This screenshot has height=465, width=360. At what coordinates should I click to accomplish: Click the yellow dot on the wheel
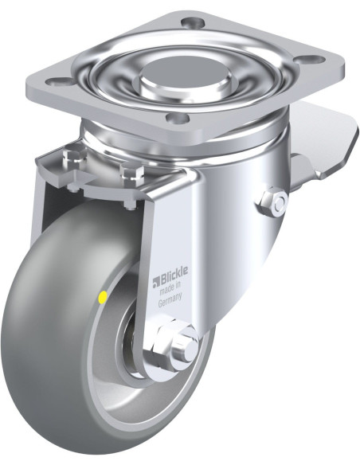pos(104,297)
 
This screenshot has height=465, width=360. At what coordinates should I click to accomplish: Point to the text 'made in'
pos(170,289)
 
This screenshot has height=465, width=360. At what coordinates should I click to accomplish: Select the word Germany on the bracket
pos(170,301)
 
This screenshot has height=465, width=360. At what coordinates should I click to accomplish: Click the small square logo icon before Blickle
pos(156,283)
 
